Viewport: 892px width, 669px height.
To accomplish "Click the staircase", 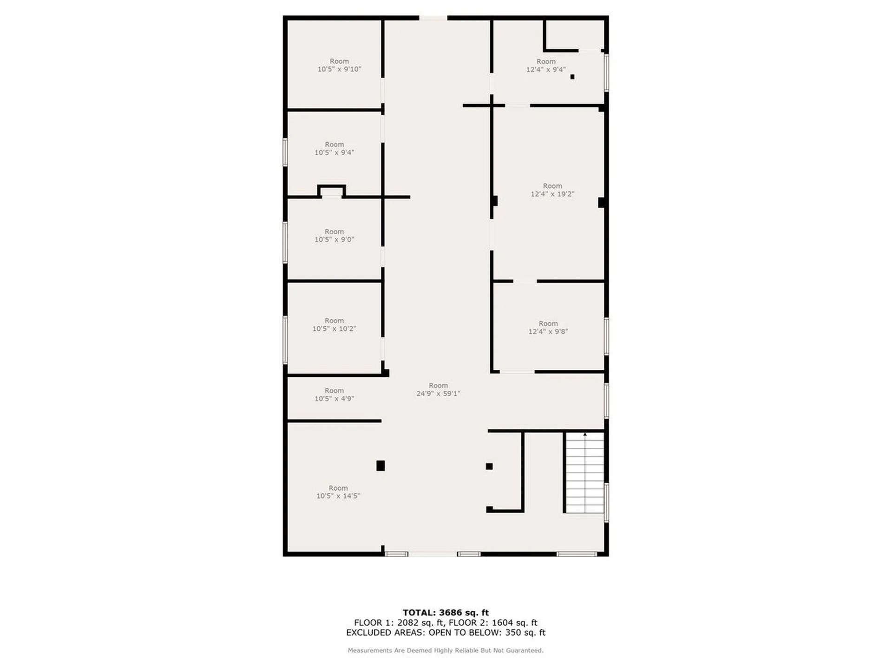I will pos(584,473).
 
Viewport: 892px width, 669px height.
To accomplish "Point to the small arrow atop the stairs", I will pos(585,434).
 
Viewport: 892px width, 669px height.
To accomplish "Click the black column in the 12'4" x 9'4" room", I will pos(572,77).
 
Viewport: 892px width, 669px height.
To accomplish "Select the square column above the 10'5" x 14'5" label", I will pos(380,466).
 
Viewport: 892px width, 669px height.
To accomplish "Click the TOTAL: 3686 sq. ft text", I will pos(446,612).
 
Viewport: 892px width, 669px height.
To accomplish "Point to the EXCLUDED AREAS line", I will pos(446,632).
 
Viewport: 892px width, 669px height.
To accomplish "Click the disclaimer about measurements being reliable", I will pos(446,650).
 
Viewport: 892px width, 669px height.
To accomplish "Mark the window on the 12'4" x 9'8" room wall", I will pos(606,336).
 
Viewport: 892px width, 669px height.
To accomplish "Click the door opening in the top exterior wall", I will pos(433,18).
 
